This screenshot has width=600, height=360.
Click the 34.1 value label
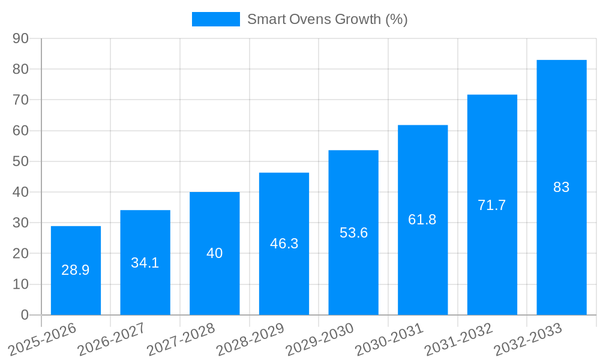click(x=145, y=263)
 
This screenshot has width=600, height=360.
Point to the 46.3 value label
click(x=284, y=244)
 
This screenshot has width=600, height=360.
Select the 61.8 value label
click(x=422, y=220)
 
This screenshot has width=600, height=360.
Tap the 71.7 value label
click(x=492, y=205)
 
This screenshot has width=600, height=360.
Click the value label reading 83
click(x=561, y=187)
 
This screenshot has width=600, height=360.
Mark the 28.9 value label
click(x=76, y=270)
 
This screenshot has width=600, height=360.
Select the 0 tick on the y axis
click(x=25, y=315)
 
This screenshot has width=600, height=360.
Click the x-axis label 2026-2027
click(x=112, y=340)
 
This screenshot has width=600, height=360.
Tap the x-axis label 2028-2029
click(x=250, y=340)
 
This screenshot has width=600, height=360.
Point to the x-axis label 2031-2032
click(x=458, y=340)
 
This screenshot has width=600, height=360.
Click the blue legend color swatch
click(x=215, y=19)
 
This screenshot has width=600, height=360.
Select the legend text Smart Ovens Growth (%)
click(x=328, y=19)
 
